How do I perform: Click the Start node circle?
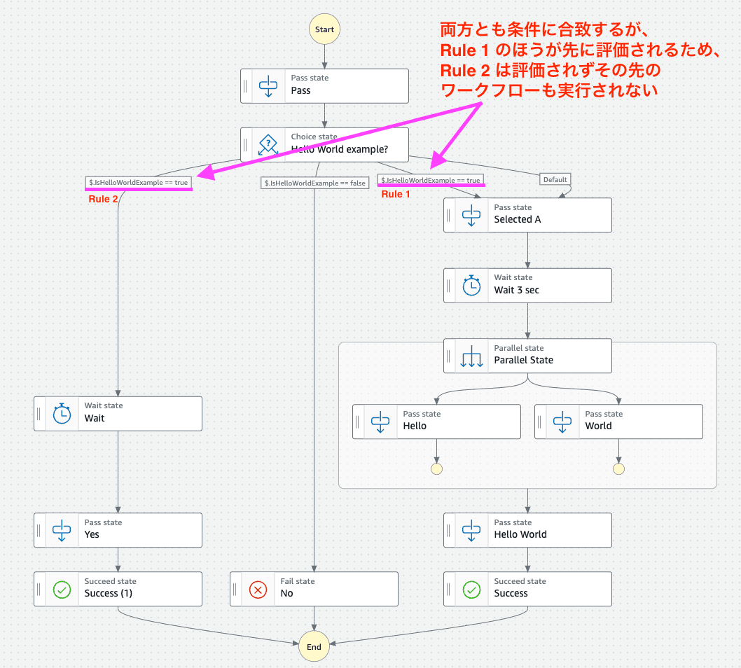(x=324, y=30)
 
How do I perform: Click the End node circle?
(x=314, y=646)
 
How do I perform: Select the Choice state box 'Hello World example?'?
(x=324, y=144)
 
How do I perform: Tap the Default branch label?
(x=555, y=179)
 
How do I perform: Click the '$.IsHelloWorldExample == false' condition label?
(x=315, y=183)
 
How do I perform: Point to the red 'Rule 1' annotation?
(x=396, y=194)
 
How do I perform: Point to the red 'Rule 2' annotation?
(x=103, y=199)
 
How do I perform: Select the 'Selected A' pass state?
(x=527, y=214)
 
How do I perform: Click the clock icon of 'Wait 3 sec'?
(x=472, y=285)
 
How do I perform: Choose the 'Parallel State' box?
(x=527, y=355)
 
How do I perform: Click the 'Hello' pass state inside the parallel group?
(x=436, y=421)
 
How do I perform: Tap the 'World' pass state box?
(x=618, y=421)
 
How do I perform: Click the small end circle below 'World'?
(x=618, y=469)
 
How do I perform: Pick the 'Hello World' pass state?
(x=527, y=529)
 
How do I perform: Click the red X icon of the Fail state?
(x=258, y=589)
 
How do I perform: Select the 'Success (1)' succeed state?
(x=118, y=588)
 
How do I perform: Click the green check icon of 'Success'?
(x=472, y=589)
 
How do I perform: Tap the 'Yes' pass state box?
(x=118, y=529)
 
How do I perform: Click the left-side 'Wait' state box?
(x=118, y=413)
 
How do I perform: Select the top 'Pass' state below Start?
(x=324, y=85)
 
